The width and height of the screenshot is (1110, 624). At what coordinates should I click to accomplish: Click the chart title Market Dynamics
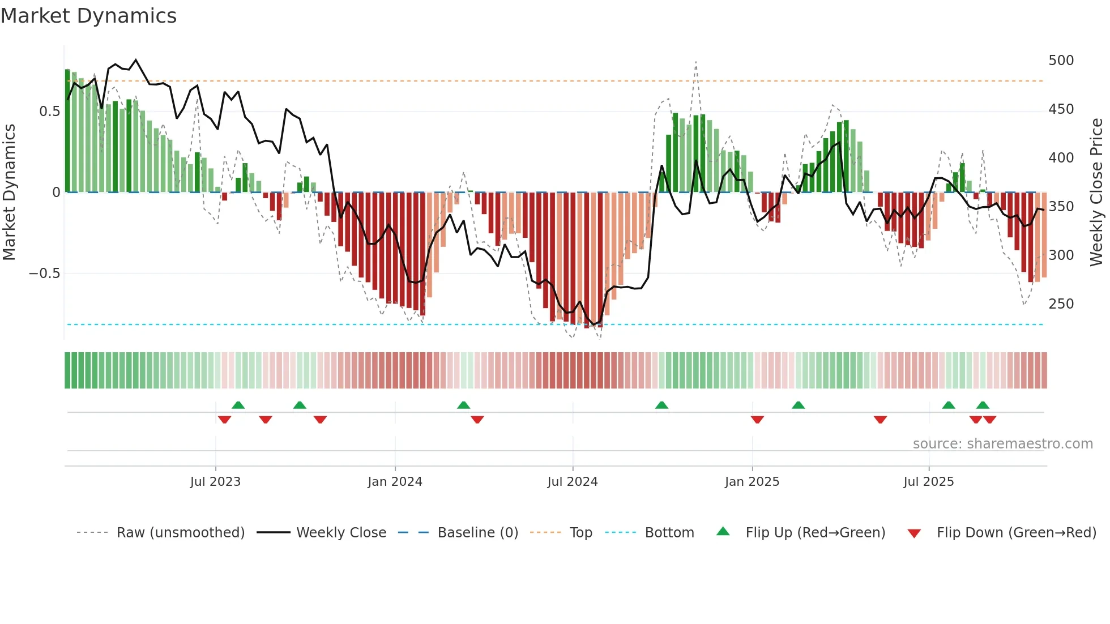[x=89, y=16]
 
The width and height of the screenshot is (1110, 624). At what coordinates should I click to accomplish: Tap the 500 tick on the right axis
[x=1061, y=61]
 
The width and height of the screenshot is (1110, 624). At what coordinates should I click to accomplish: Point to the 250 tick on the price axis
[x=1061, y=304]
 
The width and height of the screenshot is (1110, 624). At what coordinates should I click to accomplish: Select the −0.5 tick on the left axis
[x=45, y=273]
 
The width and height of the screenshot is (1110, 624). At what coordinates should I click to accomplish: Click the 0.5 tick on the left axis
[x=49, y=112]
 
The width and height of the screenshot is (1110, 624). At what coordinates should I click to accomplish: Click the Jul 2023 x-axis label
[x=215, y=482]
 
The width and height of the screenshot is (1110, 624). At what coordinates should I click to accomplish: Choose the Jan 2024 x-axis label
[x=395, y=482]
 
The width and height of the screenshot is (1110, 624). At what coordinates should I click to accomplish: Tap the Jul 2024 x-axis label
[x=573, y=482]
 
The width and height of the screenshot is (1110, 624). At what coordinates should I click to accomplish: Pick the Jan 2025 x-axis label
[x=752, y=482]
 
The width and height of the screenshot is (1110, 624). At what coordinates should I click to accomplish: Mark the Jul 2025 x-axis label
[x=929, y=482]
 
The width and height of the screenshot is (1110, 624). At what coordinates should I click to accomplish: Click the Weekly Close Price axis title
[x=1096, y=193]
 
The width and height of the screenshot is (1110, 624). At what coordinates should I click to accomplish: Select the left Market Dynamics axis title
[x=9, y=193]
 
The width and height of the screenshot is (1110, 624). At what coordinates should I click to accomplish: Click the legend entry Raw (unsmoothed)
[x=180, y=533]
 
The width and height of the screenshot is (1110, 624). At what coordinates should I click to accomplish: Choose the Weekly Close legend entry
[x=341, y=533]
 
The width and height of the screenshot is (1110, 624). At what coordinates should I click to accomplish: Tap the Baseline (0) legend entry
[x=477, y=533]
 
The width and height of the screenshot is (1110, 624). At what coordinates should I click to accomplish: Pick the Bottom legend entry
[x=669, y=533]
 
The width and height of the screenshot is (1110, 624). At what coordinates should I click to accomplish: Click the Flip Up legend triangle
[x=723, y=532]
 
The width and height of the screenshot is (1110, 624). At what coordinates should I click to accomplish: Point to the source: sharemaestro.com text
[x=1002, y=444]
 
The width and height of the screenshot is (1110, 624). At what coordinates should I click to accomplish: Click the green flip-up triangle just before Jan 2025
[x=661, y=405]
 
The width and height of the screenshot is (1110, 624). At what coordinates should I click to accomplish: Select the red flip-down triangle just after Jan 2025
[x=757, y=420]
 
